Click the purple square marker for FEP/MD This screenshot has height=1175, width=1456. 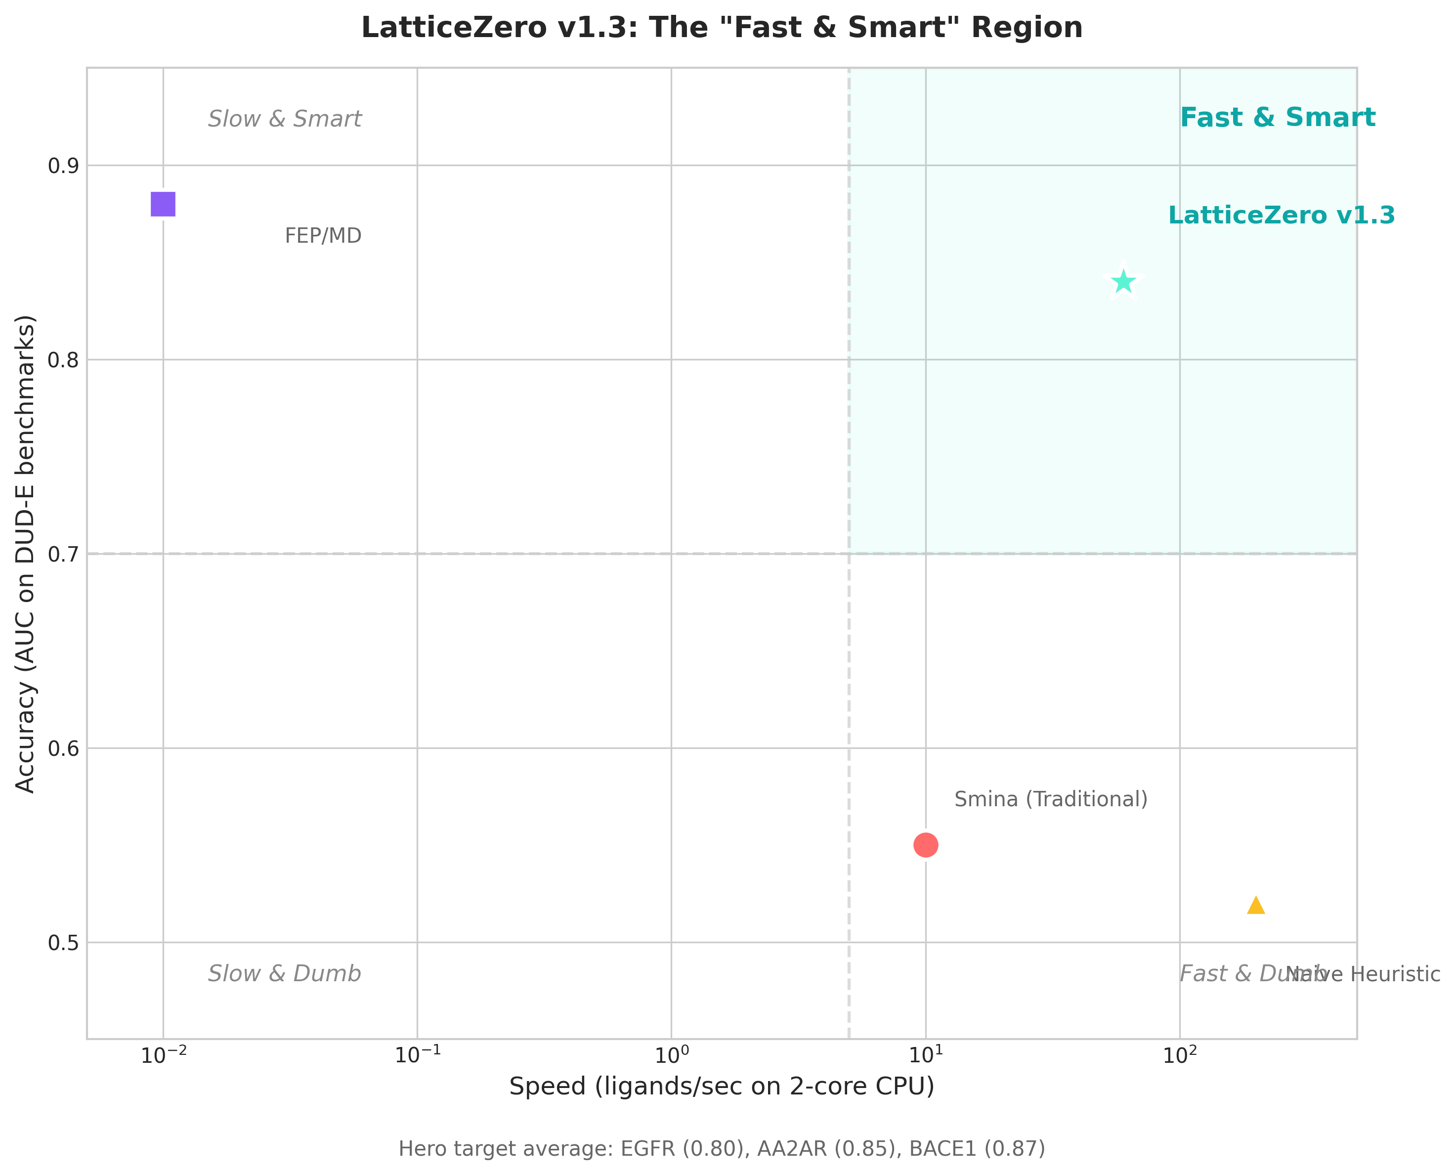tap(163, 204)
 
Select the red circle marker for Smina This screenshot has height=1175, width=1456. tap(926, 845)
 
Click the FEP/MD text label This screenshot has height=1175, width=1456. tap(323, 236)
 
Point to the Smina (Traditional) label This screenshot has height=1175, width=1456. tap(1051, 799)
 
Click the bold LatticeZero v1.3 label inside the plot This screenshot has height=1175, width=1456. tap(1282, 215)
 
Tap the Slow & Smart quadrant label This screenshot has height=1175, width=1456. tap(284, 119)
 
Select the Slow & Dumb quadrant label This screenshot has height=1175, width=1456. tap(284, 974)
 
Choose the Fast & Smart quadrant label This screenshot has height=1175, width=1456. tap(1278, 118)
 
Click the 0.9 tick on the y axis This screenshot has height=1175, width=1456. tap(63, 166)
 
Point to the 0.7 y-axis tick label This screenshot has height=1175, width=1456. tap(63, 554)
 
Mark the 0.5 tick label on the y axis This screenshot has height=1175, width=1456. tap(63, 943)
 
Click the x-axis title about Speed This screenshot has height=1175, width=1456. tap(721, 1087)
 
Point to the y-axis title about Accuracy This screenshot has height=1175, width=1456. tap(25, 553)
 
